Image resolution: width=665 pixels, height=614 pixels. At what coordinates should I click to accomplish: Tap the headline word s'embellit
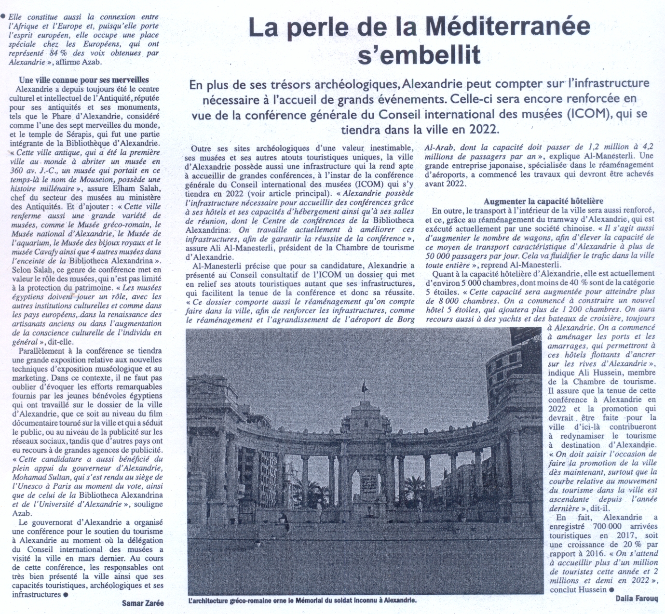click(419, 54)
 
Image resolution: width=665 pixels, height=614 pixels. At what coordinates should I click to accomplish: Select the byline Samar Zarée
click(143, 603)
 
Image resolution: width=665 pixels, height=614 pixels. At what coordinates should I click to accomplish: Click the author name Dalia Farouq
click(636, 599)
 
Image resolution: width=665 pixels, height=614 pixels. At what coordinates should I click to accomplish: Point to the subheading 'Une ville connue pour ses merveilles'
click(84, 80)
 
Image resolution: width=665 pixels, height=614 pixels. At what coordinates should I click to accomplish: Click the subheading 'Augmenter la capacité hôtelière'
click(543, 201)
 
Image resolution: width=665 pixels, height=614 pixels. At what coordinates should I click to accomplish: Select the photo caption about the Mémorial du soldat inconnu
click(302, 601)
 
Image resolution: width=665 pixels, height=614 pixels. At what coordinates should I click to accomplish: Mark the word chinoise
click(574, 228)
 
